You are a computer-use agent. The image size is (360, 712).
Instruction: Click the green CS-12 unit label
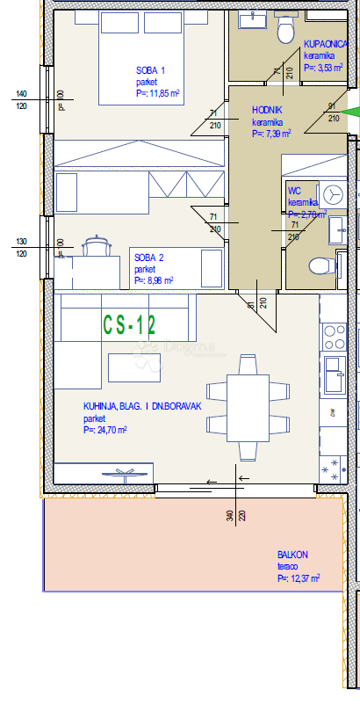[x=129, y=325]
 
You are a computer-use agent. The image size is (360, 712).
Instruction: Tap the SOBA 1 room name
[x=150, y=70]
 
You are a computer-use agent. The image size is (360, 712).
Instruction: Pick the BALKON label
[x=292, y=555]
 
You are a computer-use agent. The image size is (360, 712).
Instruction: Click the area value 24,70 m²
[x=106, y=431]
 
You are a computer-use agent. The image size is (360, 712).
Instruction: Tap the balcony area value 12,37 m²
[x=299, y=579]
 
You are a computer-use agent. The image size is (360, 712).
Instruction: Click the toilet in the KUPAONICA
[x=285, y=32]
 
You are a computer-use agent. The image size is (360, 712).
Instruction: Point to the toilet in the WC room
[x=320, y=265]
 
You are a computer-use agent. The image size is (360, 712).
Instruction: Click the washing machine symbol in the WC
[x=333, y=193]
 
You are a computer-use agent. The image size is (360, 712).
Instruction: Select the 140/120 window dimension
[x=21, y=99]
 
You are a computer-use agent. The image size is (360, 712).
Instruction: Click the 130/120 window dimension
[x=21, y=247]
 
